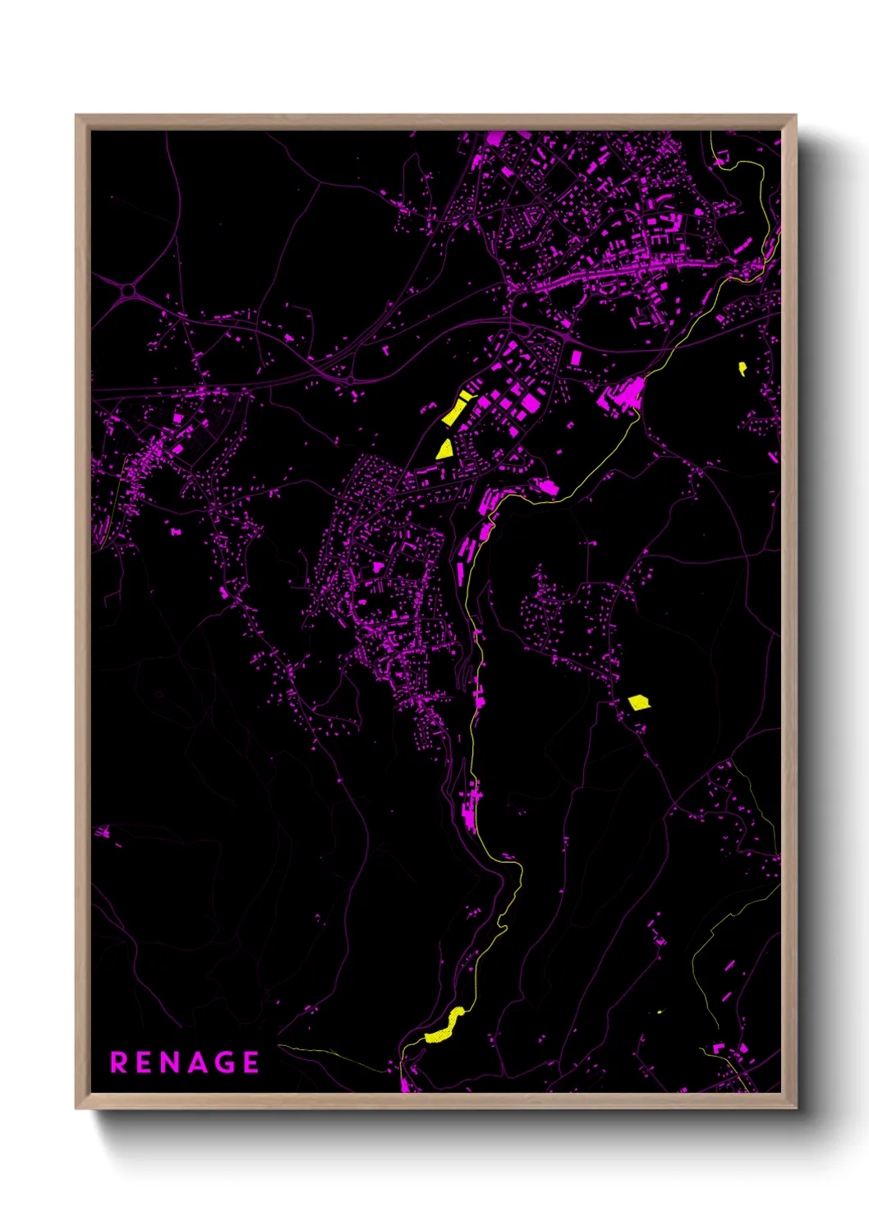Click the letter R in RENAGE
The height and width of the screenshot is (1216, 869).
pyautogui.click(x=119, y=1062)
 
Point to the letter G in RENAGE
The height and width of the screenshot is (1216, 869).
pyautogui.click(x=225, y=1062)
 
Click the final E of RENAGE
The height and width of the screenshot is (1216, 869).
pyautogui.click(x=251, y=1062)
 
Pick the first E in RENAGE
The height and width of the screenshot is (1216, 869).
pyautogui.click(x=145, y=1062)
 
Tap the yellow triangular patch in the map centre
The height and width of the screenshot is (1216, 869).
pyautogui.click(x=444, y=449)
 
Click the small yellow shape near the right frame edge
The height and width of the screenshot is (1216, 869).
pyautogui.click(x=743, y=368)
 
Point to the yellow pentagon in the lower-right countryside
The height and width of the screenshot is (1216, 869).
pyautogui.click(x=638, y=702)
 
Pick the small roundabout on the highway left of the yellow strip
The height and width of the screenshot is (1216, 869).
pyautogui.click(x=350, y=380)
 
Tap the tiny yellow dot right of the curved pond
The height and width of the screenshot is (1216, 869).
pyautogui.click(x=659, y=1011)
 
